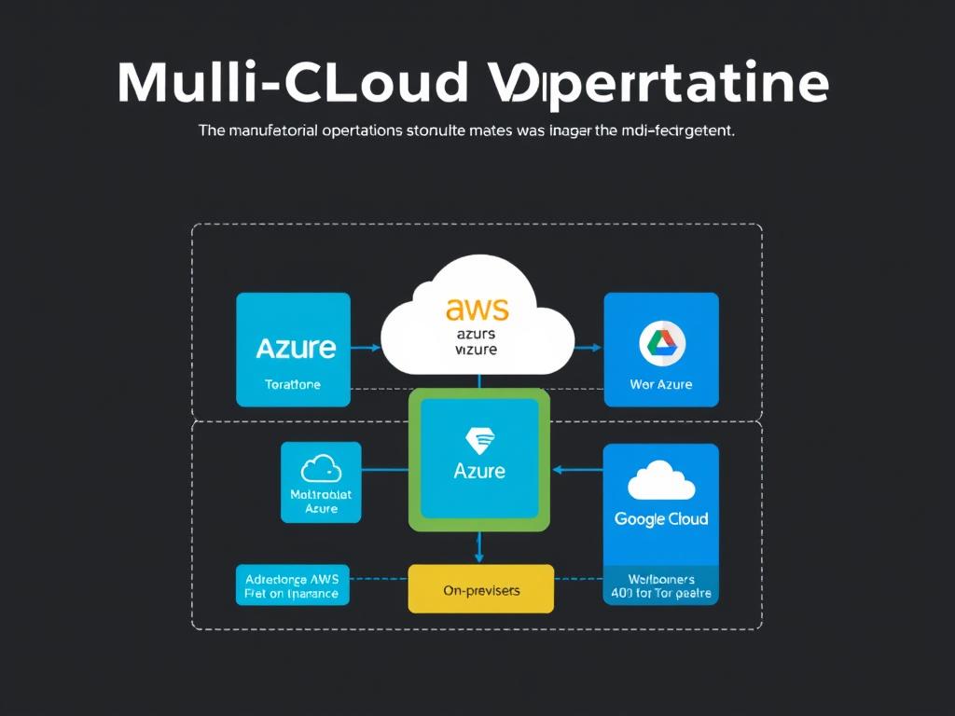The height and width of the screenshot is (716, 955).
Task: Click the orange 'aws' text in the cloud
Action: coord(477,309)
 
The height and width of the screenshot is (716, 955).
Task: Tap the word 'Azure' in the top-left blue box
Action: coord(295,349)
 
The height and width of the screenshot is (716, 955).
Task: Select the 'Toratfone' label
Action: coord(293,384)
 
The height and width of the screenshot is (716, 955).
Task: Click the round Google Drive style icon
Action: coord(662,344)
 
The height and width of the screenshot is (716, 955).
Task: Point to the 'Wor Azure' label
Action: coord(661,384)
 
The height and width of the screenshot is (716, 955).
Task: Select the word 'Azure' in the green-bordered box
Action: coord(479,470)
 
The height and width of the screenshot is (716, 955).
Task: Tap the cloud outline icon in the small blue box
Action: coord(321,468)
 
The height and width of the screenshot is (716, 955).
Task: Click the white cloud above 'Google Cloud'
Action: coord(661,479)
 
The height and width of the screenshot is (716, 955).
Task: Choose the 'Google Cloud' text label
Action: coord(661,518)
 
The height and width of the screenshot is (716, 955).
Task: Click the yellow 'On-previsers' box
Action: coord(481,589)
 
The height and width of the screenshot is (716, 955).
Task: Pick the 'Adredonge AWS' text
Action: coord(292,578)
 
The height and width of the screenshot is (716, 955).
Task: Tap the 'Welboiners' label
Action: coord(661,579)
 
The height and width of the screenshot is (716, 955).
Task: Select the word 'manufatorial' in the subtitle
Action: coord(271,131)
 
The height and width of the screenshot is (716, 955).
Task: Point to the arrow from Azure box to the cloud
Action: coord(366,349)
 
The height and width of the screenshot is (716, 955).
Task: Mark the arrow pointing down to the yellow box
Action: coord(479,550)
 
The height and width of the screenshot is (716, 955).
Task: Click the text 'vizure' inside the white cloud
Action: coord(476,350)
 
